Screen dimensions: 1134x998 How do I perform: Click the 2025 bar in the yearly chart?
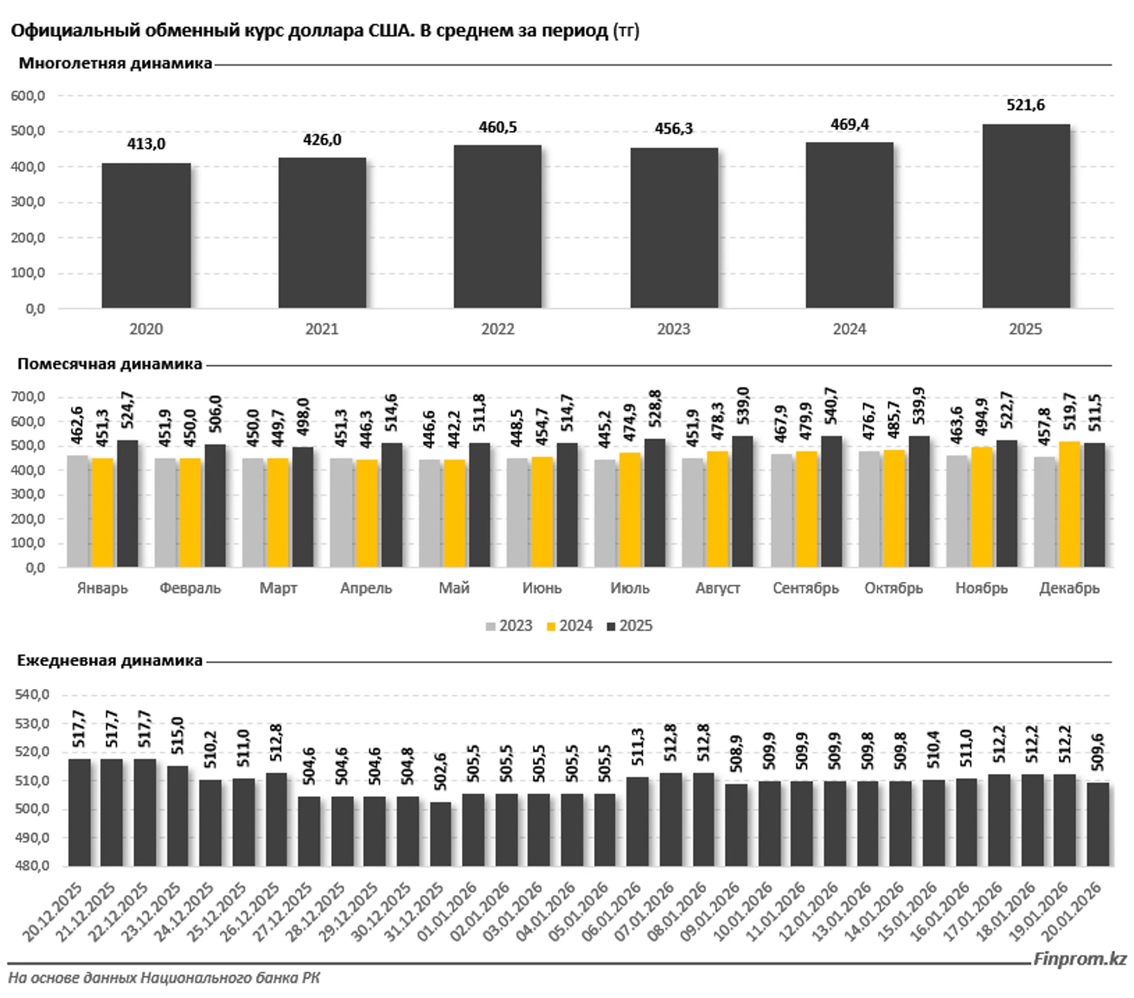coord(1026,216)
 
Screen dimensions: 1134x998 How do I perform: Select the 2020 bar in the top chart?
coord(146,235)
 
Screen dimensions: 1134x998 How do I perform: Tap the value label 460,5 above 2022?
coord(498,127)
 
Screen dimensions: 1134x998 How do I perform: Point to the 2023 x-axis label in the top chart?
coord(674,329)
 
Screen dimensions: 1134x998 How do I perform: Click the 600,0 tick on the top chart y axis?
coord(28,96)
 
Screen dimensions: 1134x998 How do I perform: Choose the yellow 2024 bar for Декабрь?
coord(1069,504)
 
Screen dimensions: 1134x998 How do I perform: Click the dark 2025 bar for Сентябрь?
coord(831,501)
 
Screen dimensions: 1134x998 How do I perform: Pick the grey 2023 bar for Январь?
coord(78,511)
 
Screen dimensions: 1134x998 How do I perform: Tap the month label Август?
coord(717,588)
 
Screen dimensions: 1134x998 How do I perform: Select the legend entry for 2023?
coord(509,626)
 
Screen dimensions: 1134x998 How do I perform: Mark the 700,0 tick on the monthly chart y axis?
coord(28,397)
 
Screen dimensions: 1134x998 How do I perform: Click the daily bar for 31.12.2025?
coord(440,834)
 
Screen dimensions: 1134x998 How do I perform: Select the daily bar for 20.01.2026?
coord(1097,824)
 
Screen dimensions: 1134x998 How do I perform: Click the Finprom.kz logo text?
coord(1080,959)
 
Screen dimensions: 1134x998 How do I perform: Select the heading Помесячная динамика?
coord(110,364)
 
